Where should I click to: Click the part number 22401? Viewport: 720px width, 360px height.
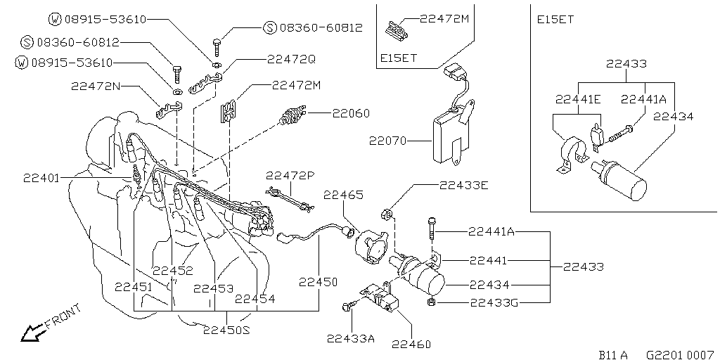coord(41,178)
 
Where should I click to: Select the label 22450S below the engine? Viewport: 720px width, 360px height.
coord(226,329)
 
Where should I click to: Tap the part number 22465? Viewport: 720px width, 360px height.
coord(343,195)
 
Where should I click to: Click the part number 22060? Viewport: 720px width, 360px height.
coord(351,112)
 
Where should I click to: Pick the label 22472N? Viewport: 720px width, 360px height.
coord(96,86)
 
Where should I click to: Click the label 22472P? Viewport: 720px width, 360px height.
coord(290,174)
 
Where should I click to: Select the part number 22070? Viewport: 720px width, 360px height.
coord(388,141)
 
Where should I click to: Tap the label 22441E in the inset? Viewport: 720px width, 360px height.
coord(578,99)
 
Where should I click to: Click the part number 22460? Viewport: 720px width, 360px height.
coord(411,344)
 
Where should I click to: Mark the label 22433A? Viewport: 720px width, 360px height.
coord(351,337)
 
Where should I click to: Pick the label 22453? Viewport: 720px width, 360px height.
coord(213,288)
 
